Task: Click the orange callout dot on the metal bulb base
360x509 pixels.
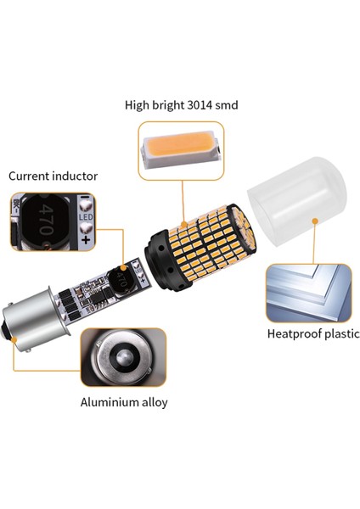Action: (15, 340)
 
